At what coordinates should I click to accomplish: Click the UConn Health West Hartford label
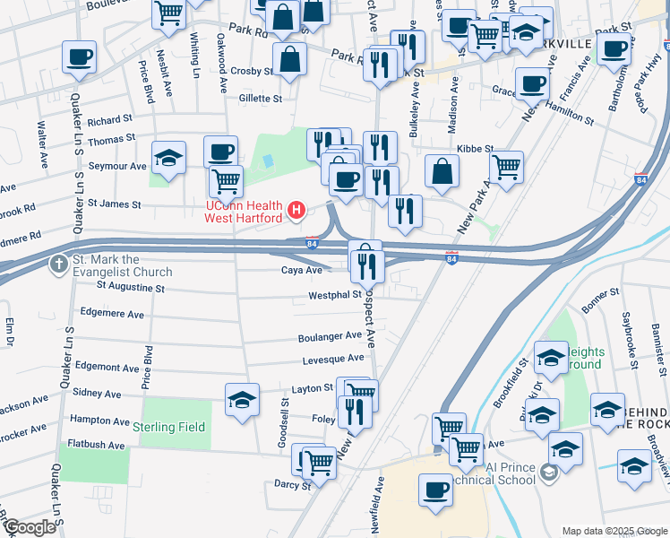click(x=244, y=211)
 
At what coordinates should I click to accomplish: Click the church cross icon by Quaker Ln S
click(x=60, y=265)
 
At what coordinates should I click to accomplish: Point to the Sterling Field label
click(x=169, y=427)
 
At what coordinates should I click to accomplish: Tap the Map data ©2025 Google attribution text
click(x=614, y=531)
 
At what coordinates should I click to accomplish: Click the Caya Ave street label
click(x=302, y=270)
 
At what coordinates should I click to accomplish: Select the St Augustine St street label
click(x=130, y=289)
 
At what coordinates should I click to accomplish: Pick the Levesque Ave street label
click(x=332, y=358)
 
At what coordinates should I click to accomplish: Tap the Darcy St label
click(x=294, y=485)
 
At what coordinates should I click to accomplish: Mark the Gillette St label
click(x=260, y=99)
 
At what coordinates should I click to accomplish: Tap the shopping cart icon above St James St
click(x=226, y=180)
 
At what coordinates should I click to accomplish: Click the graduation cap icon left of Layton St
click(x=242, y=400)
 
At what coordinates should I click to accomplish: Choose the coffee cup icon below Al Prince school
click(x=436, y=490)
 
